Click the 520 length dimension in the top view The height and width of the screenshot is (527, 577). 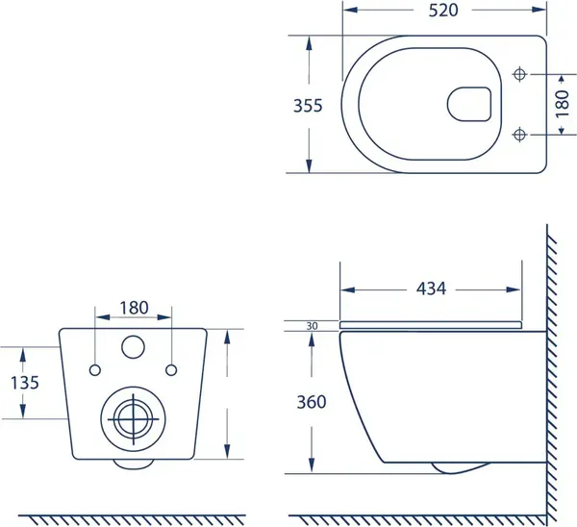[443, 10]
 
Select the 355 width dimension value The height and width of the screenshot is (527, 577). [308, 106]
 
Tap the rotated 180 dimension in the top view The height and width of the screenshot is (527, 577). [563, 104]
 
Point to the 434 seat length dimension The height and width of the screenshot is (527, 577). [431, 289]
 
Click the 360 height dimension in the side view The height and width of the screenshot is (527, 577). [312, 402]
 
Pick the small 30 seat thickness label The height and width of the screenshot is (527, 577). [312, 326]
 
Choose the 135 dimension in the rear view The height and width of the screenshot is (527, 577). [25, 383]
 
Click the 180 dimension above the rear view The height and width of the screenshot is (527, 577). [134, 308]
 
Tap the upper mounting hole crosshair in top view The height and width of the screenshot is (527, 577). [519, 74]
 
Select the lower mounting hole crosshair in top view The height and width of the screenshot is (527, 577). [519, 135]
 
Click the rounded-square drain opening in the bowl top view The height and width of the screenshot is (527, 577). [469, 104]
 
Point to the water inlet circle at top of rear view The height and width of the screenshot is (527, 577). [133, 346]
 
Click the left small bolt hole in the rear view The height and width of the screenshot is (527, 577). [95, 370]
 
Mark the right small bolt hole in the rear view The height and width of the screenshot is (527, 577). [171, 370]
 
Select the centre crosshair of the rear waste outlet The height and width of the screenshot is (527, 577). [134, 419]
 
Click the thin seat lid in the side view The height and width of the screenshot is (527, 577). [431, 325]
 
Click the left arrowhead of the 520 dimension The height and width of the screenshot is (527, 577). [350, 10]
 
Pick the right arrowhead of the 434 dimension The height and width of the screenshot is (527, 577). [514, 289]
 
